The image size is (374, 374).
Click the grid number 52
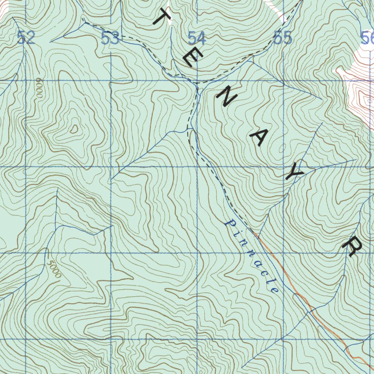pos(26,38)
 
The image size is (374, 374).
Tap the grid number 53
pos(110,38)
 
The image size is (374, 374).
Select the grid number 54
pos(197,38)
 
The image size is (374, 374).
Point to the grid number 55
pos(283,38)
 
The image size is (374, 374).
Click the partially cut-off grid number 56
pos(367,38)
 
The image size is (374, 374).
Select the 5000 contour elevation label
pos(54,269)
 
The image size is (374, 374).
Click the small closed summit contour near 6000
pos(74,129)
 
